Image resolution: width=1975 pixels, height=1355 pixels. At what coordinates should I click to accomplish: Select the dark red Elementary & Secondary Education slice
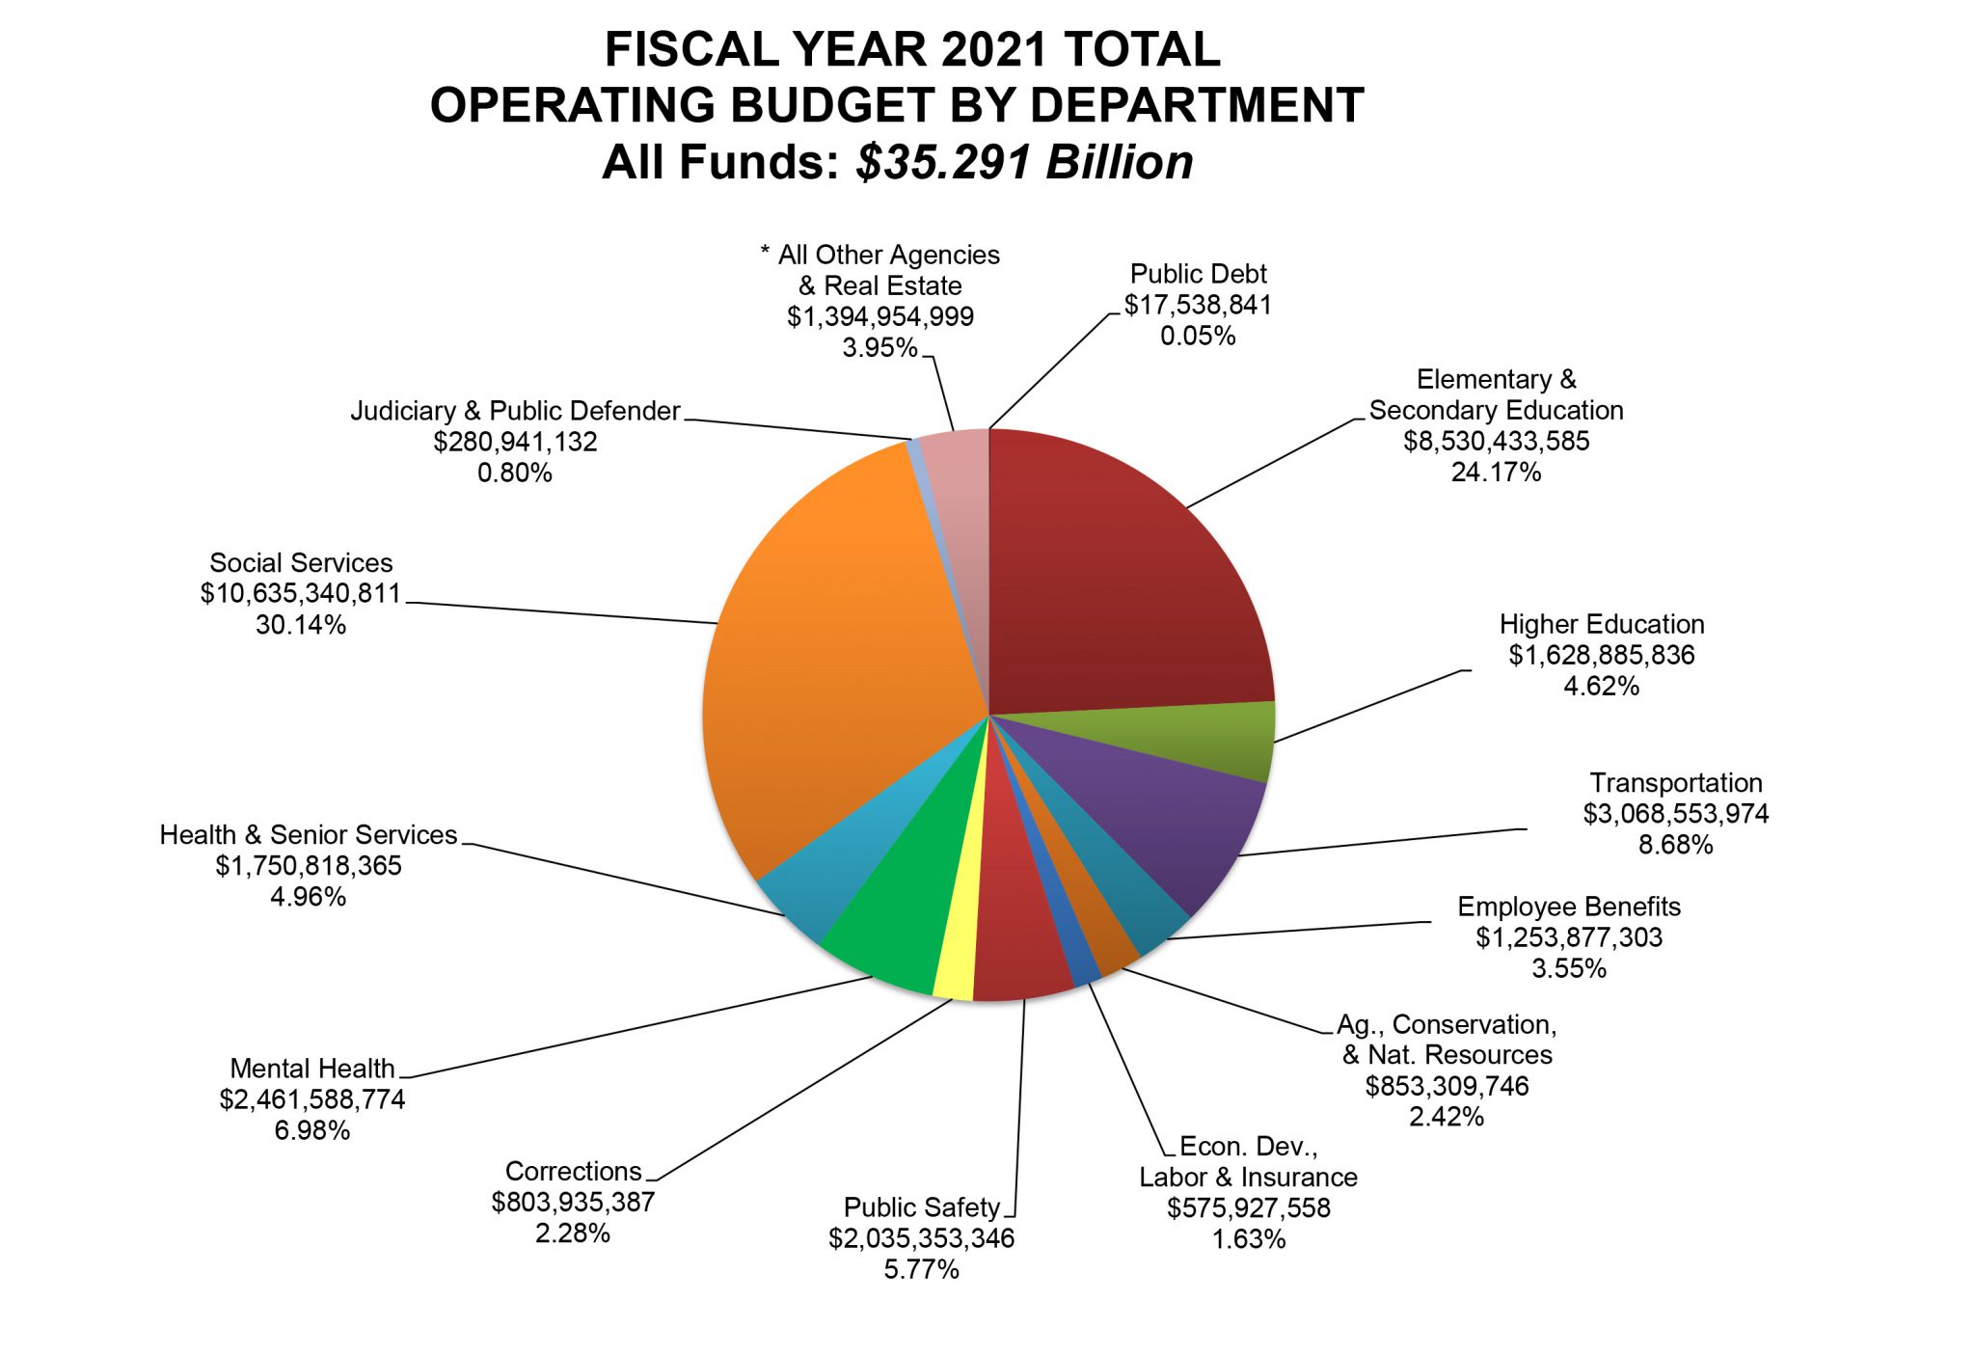pyautogui.click(x=1119, y=579)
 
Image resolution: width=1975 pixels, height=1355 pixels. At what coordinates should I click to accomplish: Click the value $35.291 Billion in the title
pyautogui.click(x=1024, y=162)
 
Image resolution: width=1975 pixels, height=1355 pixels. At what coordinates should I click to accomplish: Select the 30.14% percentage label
pyautogui.click(x=301, y=625)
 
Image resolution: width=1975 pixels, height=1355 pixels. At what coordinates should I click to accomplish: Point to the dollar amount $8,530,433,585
pyautogui.click(x=1496, y=441)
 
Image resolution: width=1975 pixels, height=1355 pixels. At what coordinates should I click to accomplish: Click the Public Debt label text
pyautogui.click(x=1198, y=274)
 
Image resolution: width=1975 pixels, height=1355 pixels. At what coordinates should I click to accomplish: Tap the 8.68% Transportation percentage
pyautogui.click(x=1676, y=845)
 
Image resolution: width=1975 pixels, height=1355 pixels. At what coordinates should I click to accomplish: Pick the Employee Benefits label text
pyautogui.click(x=1568, y=907)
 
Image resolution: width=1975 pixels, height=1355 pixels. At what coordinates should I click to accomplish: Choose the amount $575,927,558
pyautogui.click(x=1248, y=1207)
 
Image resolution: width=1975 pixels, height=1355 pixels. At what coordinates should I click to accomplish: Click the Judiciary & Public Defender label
pyautogui.click(x=515, y=411)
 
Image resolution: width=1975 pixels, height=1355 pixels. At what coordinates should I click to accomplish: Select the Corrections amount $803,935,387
pyautogui.click(x=573, y=1202)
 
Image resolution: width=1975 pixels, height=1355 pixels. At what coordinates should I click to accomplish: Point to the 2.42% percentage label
pyautogui.click(x=1447, y=1117)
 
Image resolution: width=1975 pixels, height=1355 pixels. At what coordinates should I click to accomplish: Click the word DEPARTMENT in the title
pyautogui.click(x=1197, y=105)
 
